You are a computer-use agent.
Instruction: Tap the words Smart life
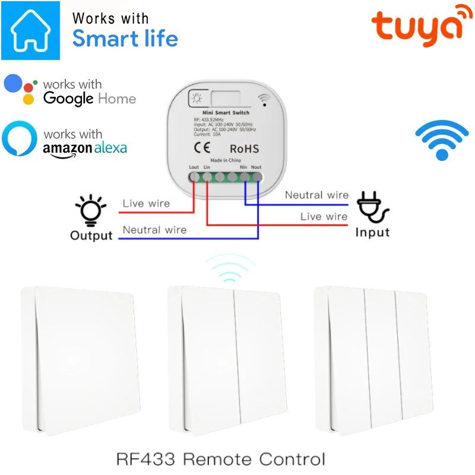point(125,39)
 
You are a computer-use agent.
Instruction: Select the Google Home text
point(90,99)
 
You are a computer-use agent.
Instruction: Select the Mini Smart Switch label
point(226,113)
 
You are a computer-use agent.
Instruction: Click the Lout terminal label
point(194,167)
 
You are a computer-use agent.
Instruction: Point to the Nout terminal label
point(256,167)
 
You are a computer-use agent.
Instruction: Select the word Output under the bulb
point(91,236)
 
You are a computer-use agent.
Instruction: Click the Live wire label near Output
point(146,204)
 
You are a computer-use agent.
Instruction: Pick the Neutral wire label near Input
point(316,195)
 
